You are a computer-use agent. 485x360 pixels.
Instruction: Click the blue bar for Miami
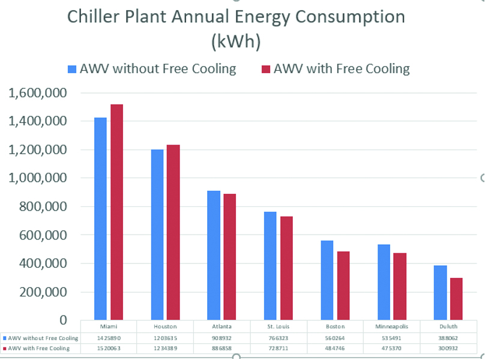point(100,218)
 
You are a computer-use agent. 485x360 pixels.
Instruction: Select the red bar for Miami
point(116,212)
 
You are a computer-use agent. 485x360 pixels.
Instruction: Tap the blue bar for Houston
point(157,235)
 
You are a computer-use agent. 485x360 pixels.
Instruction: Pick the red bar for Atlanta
point(230,257)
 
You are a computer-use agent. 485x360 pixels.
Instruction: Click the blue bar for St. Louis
point(270,266)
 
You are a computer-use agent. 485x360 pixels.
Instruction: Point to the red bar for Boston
point(343,286)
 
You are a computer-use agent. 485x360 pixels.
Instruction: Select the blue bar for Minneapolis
point(384,282)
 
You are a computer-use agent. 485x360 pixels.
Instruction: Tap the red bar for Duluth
point(456,299)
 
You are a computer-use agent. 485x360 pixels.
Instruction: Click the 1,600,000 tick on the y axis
point(37,93)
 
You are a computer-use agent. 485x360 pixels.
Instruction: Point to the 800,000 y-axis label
point(43,206)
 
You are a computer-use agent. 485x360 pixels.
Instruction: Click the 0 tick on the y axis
point(63,320)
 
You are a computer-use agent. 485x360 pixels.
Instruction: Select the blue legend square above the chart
point(72,69)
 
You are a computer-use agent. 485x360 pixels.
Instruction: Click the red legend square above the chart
point(266,69)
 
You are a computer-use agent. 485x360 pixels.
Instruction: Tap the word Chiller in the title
point(93,16)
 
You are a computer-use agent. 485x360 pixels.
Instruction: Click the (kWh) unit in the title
point(236,41)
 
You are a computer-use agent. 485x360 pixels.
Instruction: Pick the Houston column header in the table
point(165,326)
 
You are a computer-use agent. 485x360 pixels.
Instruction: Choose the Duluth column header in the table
point(448,326)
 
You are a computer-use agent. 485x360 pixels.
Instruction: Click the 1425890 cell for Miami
point(109,338)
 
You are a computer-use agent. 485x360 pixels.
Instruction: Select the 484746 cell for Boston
point(335,349)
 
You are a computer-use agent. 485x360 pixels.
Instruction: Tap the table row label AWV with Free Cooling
point(38,349)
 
